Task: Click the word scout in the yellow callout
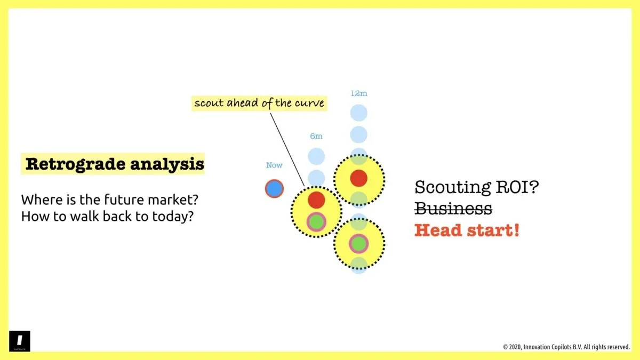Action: [207, 102]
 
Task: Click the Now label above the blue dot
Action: [274, 165]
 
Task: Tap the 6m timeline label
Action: [316, 137]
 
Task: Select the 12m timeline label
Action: [358, 93]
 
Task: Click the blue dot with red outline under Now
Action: [274, 188]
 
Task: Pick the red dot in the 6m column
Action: [316, 199]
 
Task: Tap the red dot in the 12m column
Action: [359, 178]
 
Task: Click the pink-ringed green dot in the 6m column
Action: [316, 221]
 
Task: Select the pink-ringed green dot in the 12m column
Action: [359, 244]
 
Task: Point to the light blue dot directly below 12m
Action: [359, 113]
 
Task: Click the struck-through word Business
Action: [453, 209]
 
